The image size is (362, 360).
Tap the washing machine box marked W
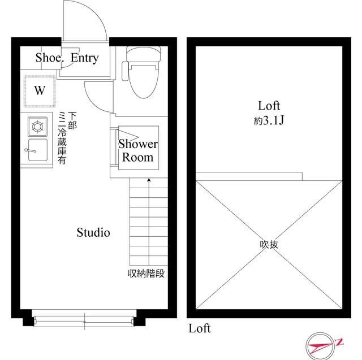(40, 91)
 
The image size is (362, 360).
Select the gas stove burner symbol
(38, 127)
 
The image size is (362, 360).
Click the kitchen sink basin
(38, 150)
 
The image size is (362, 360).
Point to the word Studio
(93, 232)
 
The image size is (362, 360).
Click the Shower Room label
(138, 150)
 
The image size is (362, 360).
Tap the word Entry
(85, 58)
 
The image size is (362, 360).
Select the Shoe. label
(49, 58)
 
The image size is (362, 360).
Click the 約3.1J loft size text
(269, 120)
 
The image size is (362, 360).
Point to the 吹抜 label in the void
(269, 245)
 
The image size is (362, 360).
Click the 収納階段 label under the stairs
(146, 274)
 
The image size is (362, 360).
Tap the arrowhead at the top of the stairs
(149, 180)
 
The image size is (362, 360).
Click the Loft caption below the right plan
(200, 328)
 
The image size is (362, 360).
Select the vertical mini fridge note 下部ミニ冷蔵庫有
(67, 138)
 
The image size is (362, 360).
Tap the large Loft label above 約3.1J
(269, 106)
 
